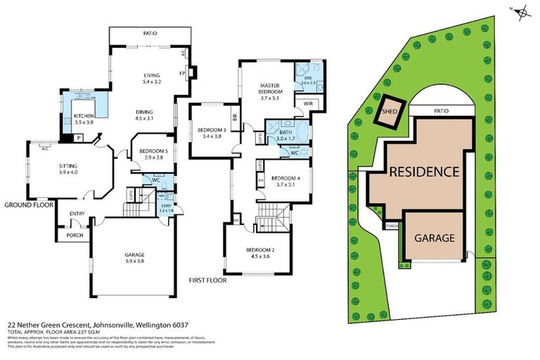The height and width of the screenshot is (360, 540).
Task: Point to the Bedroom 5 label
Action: point(152,152)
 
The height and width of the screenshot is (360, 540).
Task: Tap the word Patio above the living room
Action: point(149,32)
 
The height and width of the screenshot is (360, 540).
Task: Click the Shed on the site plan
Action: point(389,111)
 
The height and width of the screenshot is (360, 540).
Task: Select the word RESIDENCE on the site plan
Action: point(424,171)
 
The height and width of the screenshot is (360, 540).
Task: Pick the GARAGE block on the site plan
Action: point(433,238)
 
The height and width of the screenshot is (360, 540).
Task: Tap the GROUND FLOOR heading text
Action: point(30,205)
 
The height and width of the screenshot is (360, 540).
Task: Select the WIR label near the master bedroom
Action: point(308,103)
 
